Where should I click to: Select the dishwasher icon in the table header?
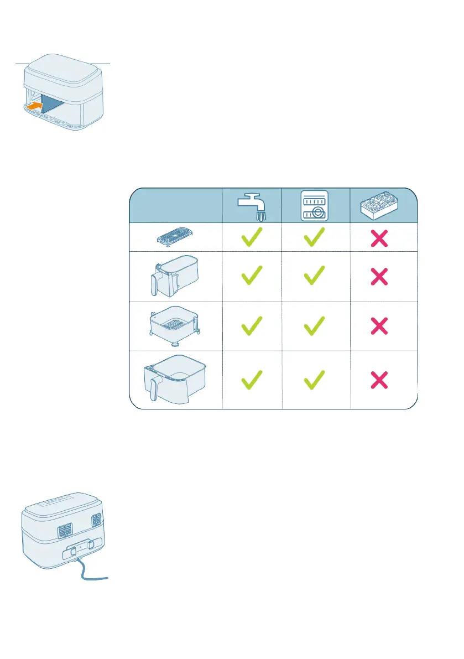[314, 206]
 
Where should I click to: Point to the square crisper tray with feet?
[175, 325]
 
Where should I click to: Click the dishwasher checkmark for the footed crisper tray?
[314, 326]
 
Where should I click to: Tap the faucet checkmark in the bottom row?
[252, 380]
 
